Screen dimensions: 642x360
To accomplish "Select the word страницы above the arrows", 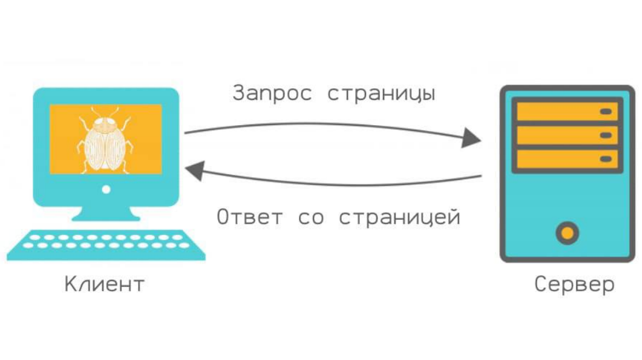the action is [x=381, y=94].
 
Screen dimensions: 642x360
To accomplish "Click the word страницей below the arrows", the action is [x=400, y=217].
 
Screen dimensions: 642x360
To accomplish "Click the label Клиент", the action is [x=104, y=284].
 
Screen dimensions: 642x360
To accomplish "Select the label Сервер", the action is [x=574, y=284].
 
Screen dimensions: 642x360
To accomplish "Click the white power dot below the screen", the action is [x=106, y=189].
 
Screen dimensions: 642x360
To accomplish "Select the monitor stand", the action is [x=106, y=214].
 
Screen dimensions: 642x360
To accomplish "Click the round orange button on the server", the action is [x=567, y=233].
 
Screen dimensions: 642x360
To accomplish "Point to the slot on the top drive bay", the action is [x=606, y=111].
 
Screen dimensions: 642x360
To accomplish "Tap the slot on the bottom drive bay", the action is [x=606, y=159].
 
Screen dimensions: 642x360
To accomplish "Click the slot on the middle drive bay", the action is [x=606, y=135].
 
